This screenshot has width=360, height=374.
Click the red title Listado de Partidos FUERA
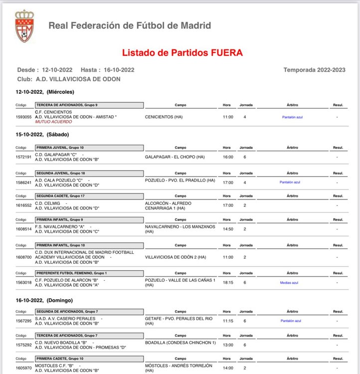tap(182, 52)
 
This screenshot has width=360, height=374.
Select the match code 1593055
tap(24, 117)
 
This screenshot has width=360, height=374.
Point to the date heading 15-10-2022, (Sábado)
tap(42, 135)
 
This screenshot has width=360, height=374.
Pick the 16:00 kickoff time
tap(228, 157)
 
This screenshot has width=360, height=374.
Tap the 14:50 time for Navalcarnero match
tap(228, 229)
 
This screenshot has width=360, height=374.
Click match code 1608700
tap(24, 257)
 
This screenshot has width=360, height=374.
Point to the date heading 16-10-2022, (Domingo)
tap(45, 300)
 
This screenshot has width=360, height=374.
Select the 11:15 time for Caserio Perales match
tap(228, 321)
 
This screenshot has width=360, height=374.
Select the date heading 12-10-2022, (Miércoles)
tap(45, 92)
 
